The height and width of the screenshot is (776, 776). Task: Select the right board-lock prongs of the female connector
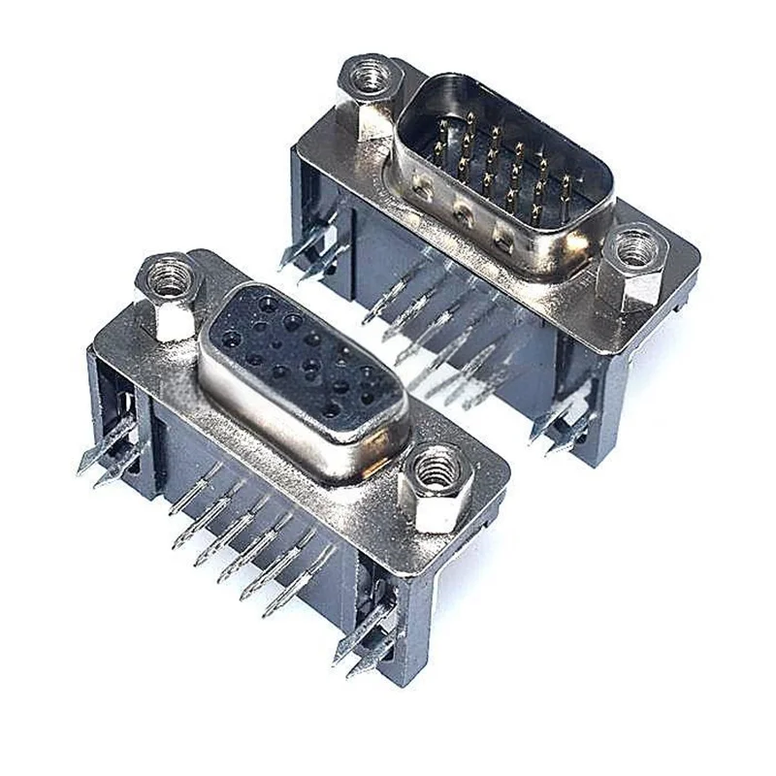[365, 645]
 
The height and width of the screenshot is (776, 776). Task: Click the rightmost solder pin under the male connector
[485, 388]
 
